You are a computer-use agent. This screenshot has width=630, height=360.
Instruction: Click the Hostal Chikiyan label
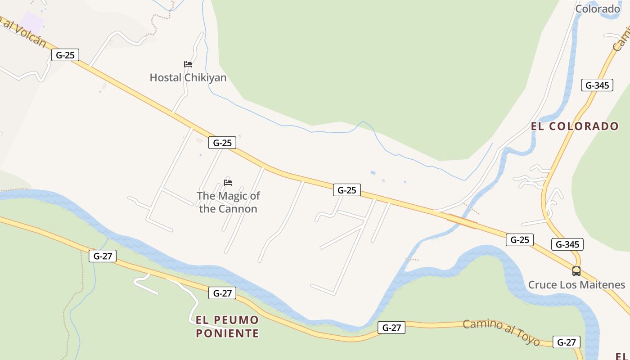pos(188,78)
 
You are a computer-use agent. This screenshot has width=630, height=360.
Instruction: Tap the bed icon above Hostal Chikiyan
pos(188,64)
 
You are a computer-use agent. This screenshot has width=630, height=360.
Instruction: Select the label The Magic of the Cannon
pos(228,202)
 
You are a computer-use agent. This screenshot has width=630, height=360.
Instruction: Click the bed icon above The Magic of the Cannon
pos(228,183)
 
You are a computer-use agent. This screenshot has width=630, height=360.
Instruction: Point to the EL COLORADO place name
pos(575,126)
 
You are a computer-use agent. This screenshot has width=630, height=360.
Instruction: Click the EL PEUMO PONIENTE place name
pos(227,327)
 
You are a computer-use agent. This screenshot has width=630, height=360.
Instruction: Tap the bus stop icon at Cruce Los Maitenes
pos(576,271)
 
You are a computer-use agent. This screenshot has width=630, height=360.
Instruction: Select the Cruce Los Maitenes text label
pos(576,285)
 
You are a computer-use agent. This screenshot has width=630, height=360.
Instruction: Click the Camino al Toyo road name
pos(501,332)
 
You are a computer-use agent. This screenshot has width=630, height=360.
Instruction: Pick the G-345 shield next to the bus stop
pos(567,244)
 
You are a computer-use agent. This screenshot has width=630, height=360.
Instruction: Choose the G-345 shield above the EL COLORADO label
pos(597,85)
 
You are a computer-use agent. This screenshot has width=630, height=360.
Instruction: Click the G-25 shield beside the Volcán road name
pos(65,55)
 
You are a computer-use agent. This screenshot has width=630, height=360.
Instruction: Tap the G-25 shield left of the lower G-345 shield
pos(519,240)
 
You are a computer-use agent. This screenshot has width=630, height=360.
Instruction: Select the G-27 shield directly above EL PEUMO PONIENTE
pos(222,293)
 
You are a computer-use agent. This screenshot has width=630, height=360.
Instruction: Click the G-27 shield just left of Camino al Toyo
pos(391,328)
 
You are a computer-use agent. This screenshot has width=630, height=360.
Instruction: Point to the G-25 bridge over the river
pos(462,221)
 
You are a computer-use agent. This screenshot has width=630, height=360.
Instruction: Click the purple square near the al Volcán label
pos(31,22)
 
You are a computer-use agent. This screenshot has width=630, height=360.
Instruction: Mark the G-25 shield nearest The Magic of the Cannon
pos(222,143)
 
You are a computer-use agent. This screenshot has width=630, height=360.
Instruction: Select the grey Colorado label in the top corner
pos(598,9)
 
